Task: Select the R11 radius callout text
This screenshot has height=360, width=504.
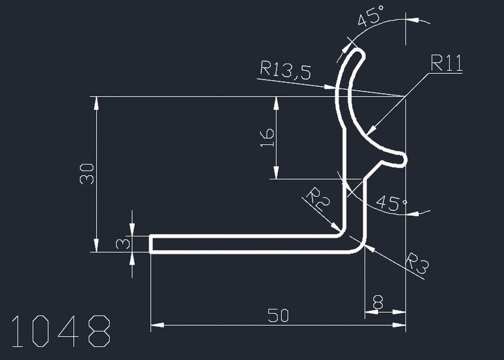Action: tap(446, 63)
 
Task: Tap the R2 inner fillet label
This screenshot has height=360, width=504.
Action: tap(319, 199)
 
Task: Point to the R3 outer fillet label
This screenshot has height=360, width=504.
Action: tap(417, 264)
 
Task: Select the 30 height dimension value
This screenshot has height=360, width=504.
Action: tap(87, 174)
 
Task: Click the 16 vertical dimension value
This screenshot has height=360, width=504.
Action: tap(268, 137)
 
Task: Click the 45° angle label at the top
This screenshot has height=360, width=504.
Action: tap(371, 18)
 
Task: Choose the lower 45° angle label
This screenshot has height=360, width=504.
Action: tap(391, 203)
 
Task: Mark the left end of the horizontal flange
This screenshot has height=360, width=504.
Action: tap(151, 244)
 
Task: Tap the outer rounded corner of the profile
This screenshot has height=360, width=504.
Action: tap(359, 247)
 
